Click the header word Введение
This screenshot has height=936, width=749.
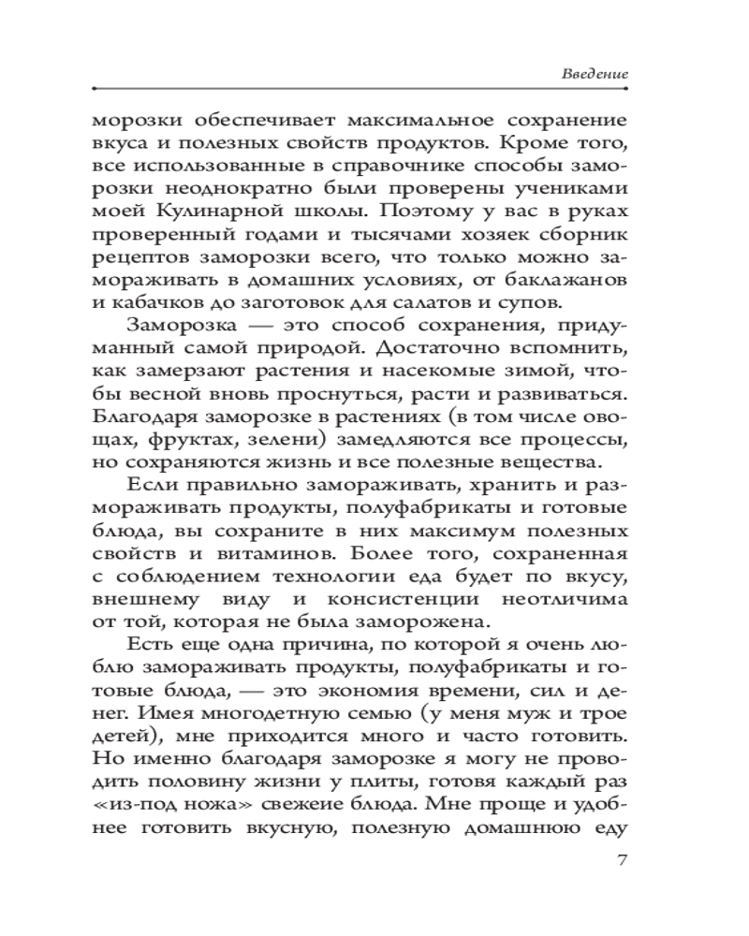tap(595, 72)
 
